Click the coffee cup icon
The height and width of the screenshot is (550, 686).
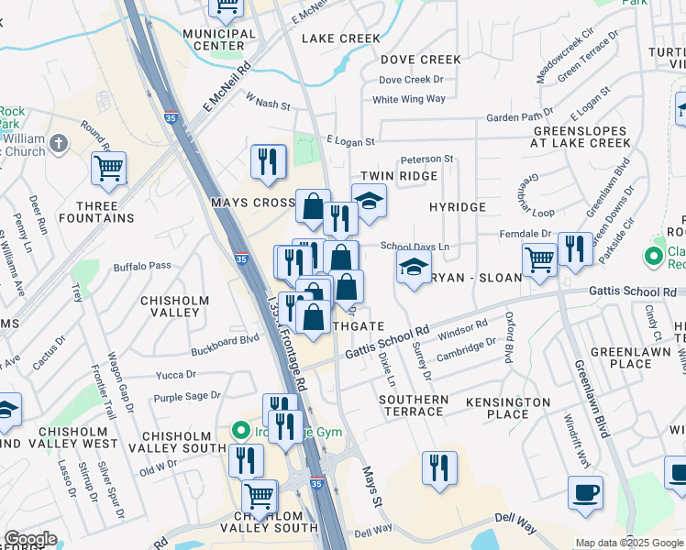585,494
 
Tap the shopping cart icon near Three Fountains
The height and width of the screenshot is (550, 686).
108,169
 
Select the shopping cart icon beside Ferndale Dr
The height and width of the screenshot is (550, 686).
539,259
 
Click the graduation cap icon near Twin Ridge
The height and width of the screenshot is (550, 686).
369,201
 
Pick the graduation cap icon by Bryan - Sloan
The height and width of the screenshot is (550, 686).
414,268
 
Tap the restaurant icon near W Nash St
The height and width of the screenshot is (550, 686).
269,162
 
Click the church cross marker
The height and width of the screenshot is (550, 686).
58,143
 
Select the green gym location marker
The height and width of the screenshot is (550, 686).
241,429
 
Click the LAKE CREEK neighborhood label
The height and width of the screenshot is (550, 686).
340,38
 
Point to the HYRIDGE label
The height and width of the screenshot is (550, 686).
458,207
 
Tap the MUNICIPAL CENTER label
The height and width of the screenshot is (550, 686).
219,39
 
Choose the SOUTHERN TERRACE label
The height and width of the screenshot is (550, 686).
414,405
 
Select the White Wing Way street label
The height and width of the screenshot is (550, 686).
409,99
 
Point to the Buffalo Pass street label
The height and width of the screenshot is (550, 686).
142,266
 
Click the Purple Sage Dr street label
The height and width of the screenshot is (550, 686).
187,396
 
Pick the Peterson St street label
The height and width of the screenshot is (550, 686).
426,159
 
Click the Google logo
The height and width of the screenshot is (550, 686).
30,539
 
